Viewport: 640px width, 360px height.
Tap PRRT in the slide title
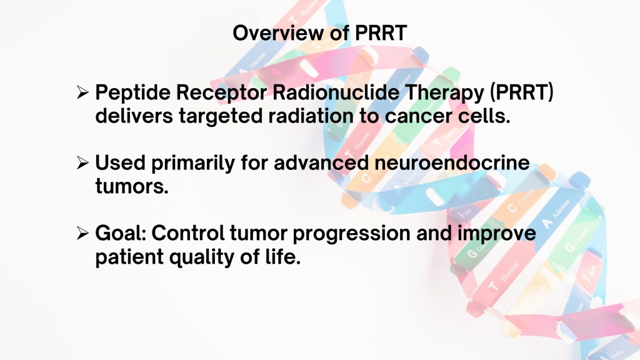[x=381, y=32]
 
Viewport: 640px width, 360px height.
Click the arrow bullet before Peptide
[x=82, y=92]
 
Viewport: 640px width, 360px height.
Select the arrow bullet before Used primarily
[x=82, y=163]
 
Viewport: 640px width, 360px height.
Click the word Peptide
[x=132, y=93]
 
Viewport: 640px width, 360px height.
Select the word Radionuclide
[x=336, y=92]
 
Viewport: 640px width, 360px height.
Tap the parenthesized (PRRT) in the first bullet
[x=522, y=92]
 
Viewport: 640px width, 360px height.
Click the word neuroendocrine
[x=452, y=163]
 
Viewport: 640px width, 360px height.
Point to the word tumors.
[x=132, y=186]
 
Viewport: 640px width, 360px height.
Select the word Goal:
[x=121, y=234]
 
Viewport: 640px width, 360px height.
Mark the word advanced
[x=321, y=163]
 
